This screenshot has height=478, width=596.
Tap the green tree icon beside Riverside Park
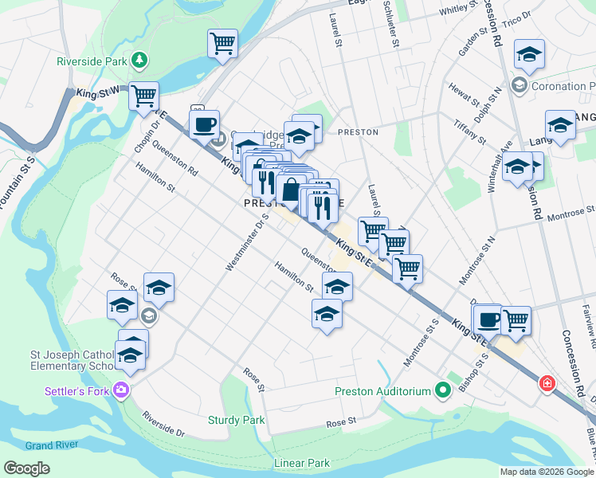(x=140, y=60)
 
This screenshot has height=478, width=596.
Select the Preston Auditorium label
(x=382, y=391)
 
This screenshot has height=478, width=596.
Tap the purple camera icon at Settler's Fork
(x=121, y=390)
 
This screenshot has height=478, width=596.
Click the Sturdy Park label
(x=236, y=420)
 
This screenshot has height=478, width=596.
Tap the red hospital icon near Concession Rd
(x=547, y=383)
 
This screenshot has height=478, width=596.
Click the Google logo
(x=26, y=468)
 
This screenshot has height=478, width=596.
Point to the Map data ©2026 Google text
(x=546, y=472)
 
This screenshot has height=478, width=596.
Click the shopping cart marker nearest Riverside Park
(x=143, y=96)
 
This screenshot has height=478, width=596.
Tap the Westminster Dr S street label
(x=245, y=241)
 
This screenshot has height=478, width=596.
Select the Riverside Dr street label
(x=163, y=424)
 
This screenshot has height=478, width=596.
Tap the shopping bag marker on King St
(x=291, y=190)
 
